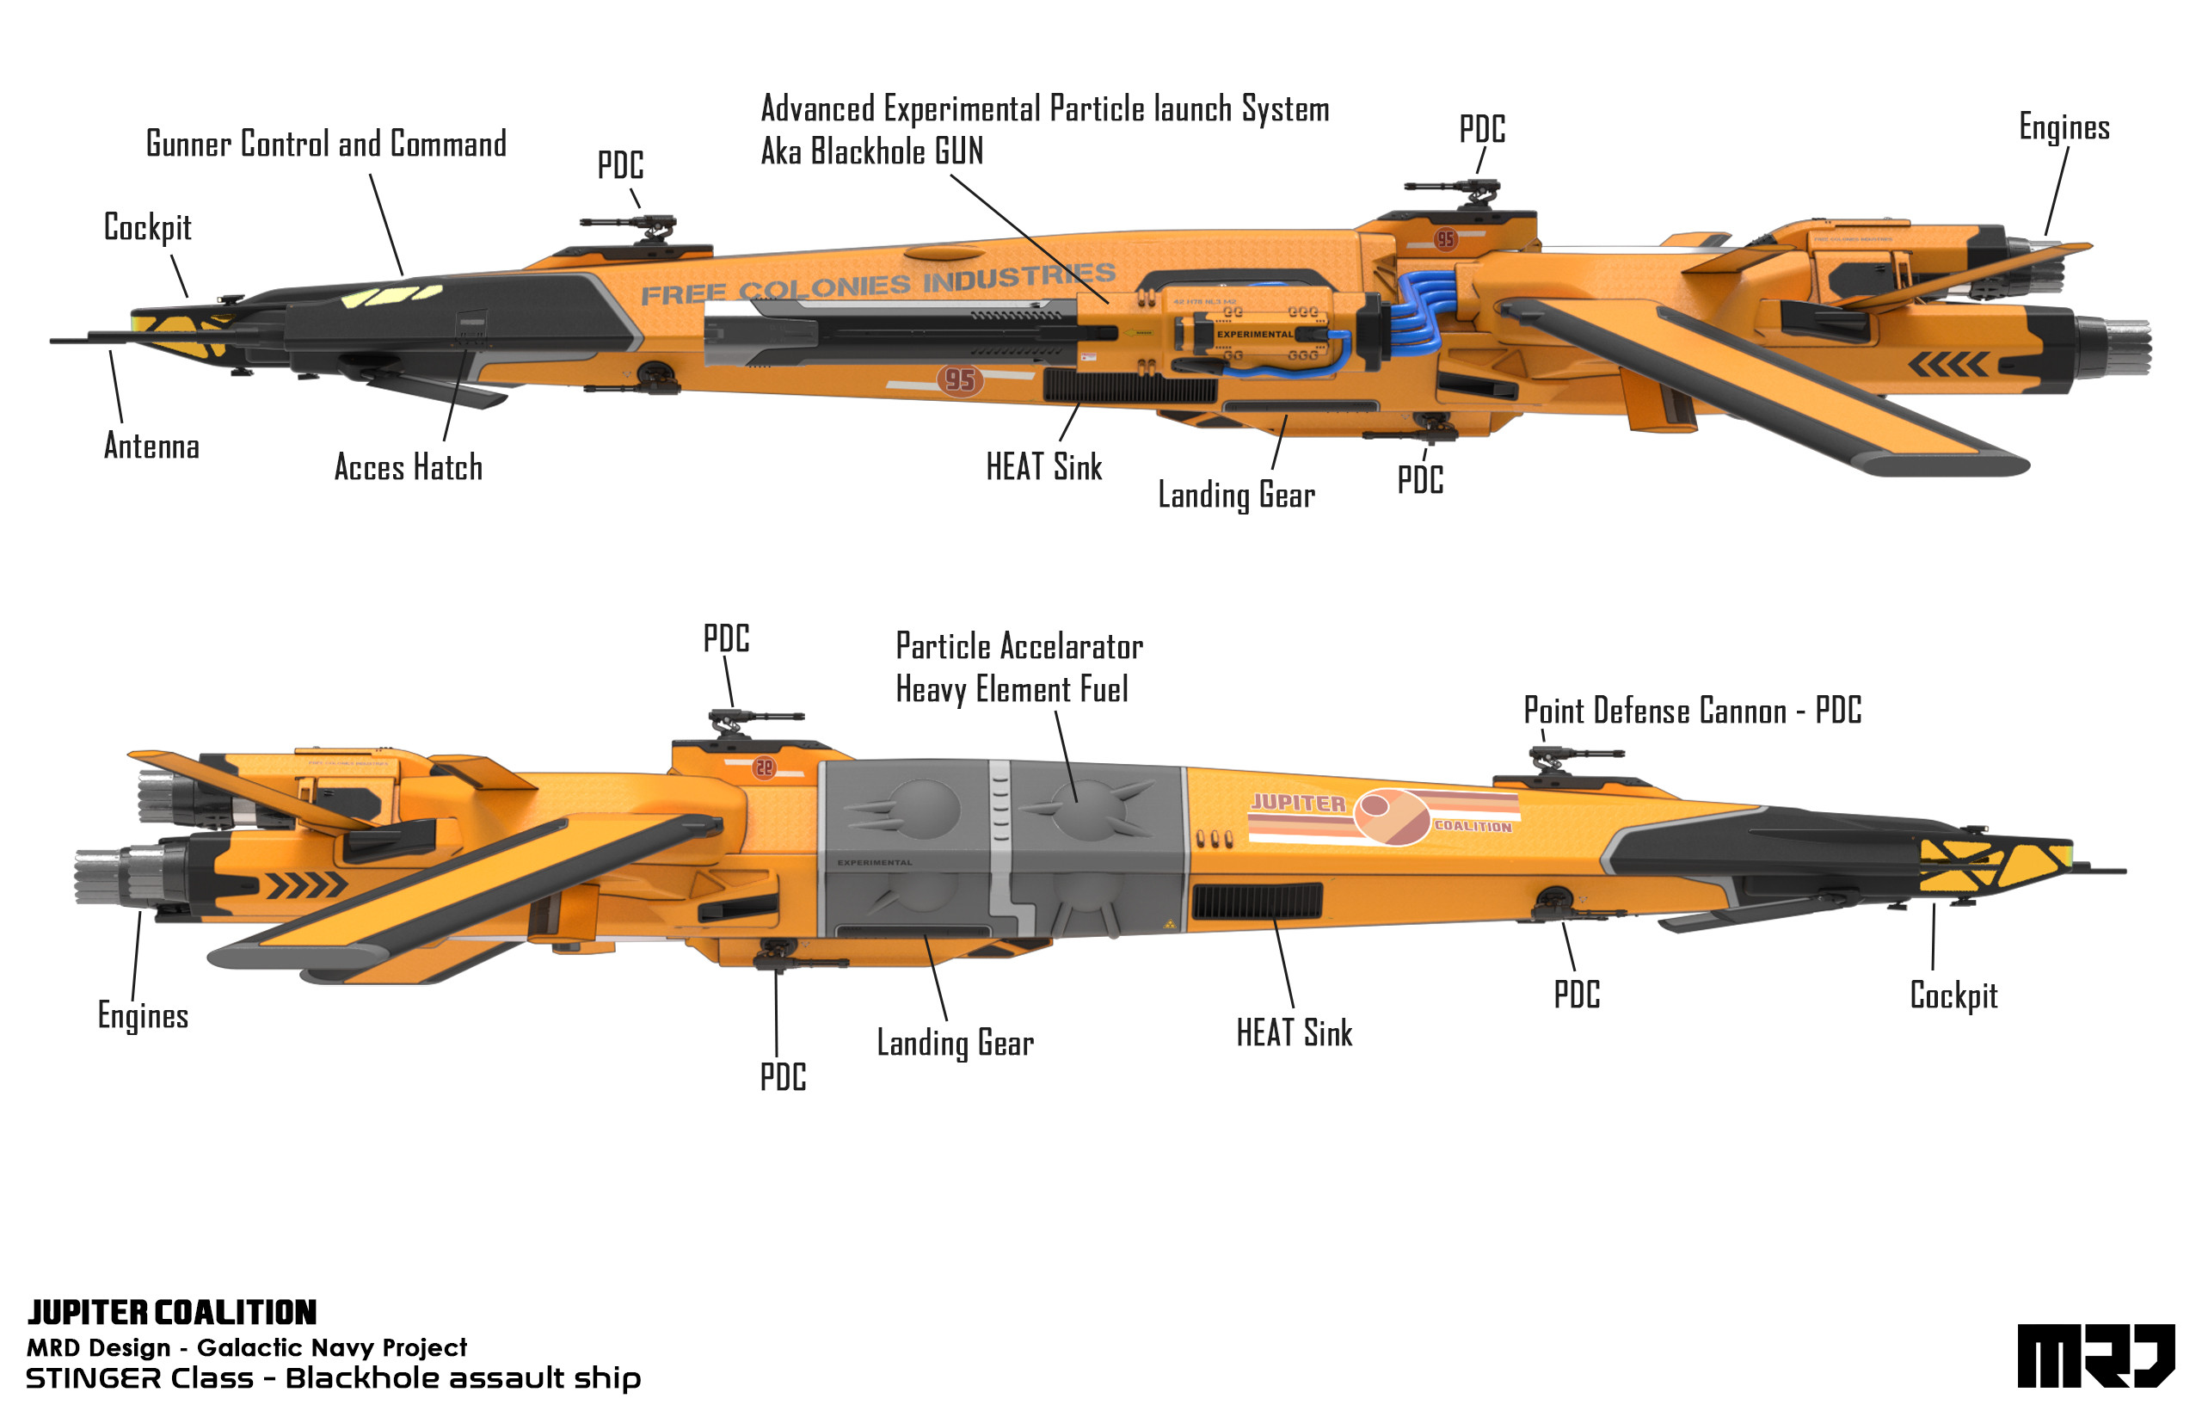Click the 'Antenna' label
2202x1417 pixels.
pos(151,447)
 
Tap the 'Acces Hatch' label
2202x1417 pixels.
pos(408,467)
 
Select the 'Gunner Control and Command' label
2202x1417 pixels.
pos(326,145)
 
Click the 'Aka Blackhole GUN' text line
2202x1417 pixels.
pos(871,151)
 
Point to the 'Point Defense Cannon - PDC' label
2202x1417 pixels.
pos(1692,712)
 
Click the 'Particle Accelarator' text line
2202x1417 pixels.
pos(1018,647)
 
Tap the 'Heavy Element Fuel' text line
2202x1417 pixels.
pos(1011,690)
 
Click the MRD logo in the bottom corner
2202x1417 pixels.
pos(2094,1355)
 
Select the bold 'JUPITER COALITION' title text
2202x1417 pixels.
pos(172,1312)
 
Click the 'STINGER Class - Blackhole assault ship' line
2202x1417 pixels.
pos(333,1378)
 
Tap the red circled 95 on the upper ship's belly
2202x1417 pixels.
pos(959,380)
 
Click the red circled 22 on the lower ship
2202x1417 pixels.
pos(764,767)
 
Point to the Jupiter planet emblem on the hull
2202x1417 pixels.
pos(1391,816)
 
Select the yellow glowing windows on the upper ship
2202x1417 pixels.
pos(391,296)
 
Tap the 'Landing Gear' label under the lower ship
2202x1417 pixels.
pos(955,1044)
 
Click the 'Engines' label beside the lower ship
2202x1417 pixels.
pos(143,1016)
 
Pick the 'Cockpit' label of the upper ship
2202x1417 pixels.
pos(147,227)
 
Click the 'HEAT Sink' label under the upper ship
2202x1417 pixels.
pos(1043,467)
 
